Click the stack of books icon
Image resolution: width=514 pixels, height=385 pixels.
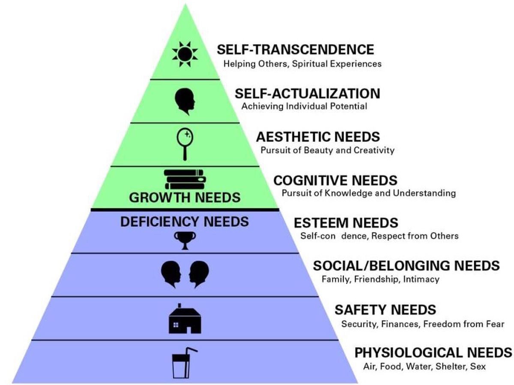pos(185,179)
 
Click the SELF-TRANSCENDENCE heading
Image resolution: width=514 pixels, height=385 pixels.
pos(295,49)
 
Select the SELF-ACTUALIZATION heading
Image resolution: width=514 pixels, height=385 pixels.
pos(307,93)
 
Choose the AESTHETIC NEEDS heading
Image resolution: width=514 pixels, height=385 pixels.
pos(318,137)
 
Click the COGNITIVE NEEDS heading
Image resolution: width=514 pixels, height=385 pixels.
pos(335,180)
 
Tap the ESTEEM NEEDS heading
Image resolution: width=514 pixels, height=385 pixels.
pos(346,223)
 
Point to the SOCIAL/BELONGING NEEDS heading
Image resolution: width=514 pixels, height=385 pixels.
pos(406,266)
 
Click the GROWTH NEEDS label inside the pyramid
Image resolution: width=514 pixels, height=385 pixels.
pos(185,198)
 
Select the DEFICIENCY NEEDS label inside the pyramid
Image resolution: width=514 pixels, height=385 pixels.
pos(185,222)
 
